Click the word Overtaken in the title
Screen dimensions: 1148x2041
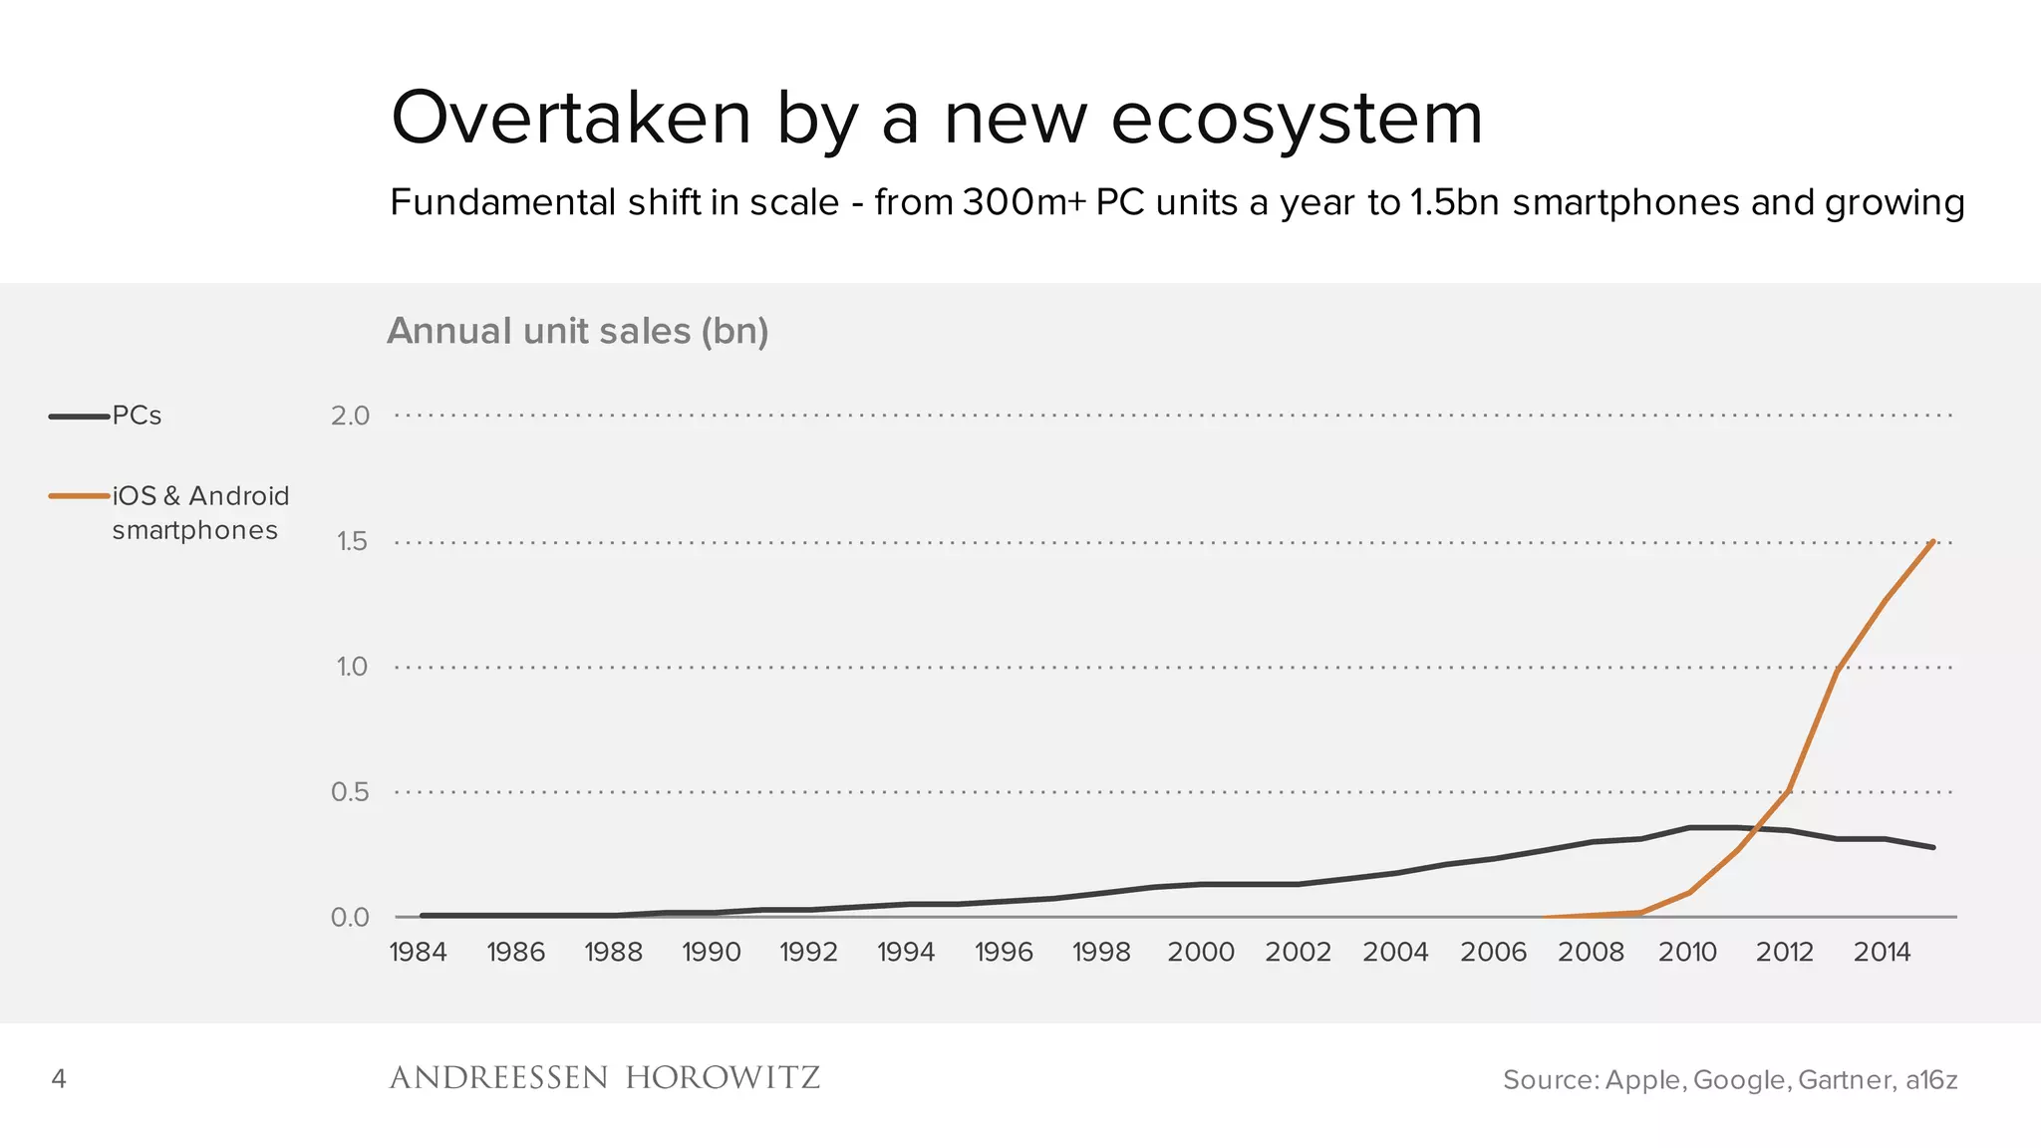click(571, 119)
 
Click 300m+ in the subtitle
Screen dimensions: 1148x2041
click(1024, 202)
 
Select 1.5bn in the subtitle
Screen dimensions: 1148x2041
click(1454, 202)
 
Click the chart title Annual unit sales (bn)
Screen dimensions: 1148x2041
click(577, 331)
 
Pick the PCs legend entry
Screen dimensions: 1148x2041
click(137, 416)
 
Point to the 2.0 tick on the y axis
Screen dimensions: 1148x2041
click(350, 416)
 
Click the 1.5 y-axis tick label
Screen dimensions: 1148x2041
click(352, 542)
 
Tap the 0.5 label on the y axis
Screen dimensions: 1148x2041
click(350, 792)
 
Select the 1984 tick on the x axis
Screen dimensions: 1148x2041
click(418, 953)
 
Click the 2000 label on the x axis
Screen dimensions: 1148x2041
click(1200, 953)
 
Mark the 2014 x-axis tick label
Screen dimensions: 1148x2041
click(1882, 953)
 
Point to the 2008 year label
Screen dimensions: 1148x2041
click(1591, 953)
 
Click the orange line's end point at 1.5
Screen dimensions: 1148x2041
click(1932, 542)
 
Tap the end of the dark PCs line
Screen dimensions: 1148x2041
click(1932, 847)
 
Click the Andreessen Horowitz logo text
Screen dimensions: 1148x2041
click(604, 1078)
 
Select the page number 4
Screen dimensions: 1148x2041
click(59, 1079)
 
